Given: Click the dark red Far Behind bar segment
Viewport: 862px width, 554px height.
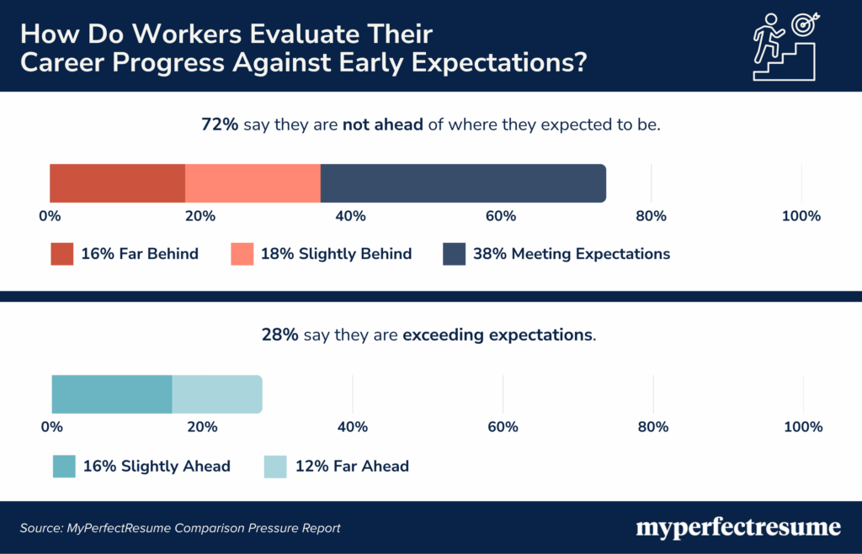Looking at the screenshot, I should coord(117,183).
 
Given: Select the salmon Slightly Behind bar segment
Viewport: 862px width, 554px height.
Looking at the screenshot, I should coord(253,183).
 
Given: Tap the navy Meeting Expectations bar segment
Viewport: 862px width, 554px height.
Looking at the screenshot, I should coord(462,183).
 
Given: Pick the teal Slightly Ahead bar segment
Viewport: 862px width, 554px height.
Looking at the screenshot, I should coord(112,394).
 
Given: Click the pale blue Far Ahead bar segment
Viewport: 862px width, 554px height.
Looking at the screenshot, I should coord(216,394).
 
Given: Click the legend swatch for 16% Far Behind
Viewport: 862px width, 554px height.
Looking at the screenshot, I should coord(61,254).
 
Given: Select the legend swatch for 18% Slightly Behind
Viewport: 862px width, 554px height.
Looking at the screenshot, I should coord(242,254).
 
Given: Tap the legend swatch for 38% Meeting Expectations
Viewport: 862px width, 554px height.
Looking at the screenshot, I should coord(455,254).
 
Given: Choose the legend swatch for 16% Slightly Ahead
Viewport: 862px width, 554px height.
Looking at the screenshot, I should coord(64,466).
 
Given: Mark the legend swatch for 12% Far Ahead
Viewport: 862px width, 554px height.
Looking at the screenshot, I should coord(276,466).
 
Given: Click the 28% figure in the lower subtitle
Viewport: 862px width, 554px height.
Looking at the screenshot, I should coord(279,335).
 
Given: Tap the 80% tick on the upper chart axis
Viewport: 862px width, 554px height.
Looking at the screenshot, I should coord(651,216).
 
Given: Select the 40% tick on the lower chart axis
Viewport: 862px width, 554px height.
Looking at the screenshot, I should coord(352,427).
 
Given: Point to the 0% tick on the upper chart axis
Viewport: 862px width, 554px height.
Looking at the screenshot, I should coord(50,216).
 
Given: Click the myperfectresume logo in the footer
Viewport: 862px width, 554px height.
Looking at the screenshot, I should coord(737,528).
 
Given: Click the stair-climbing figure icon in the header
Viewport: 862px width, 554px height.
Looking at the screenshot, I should coord(785,45).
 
